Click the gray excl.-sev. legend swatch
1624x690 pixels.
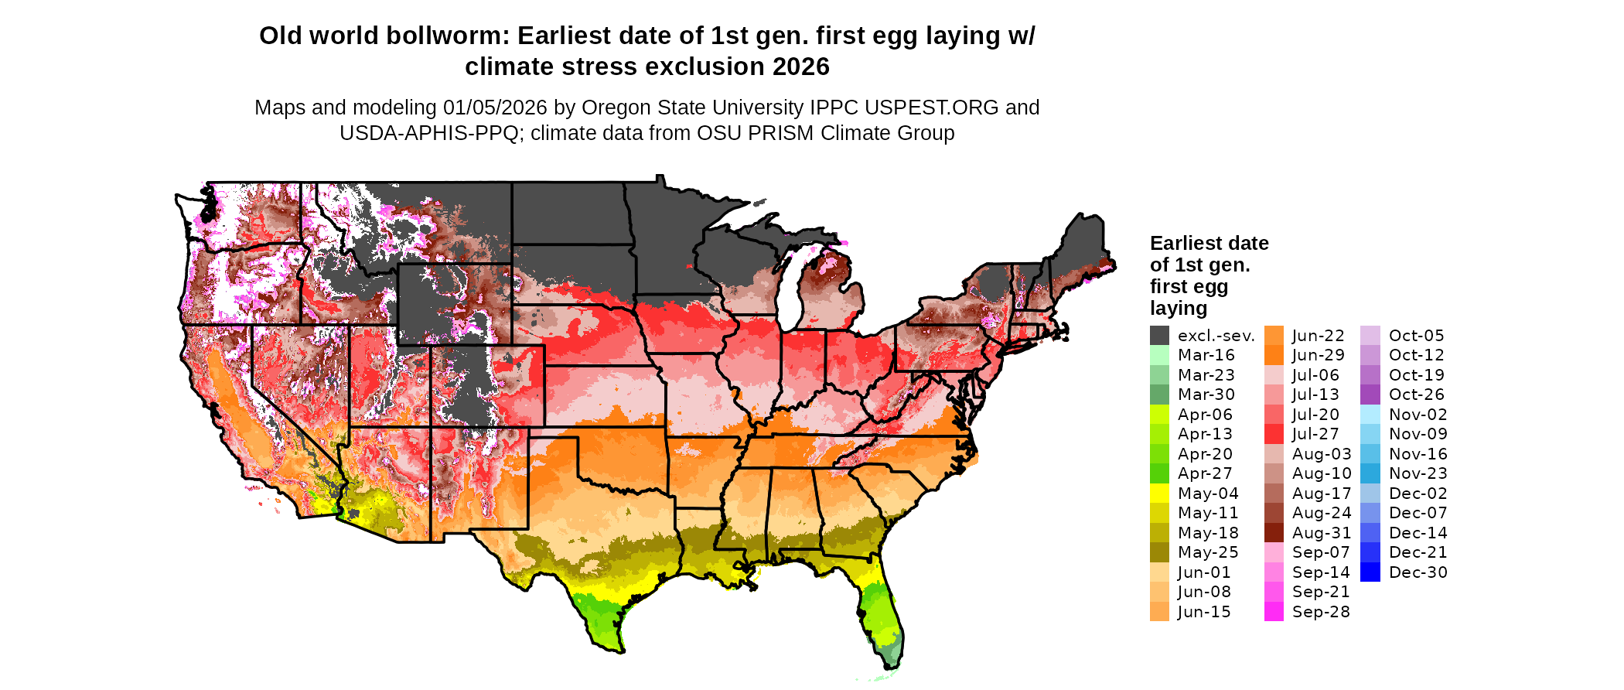[1159, 336]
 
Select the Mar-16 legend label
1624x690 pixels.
[1206, 355]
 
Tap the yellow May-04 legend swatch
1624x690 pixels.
[1159, 494]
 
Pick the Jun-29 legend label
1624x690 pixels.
[1319, 355]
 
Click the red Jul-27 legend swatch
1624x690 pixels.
[1274, 434]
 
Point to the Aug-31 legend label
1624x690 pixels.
[1322, 533]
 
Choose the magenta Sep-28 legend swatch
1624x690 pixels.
[1274, 612]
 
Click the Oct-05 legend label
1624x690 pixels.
[1416, 336]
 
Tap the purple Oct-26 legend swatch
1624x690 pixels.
[1370, 395]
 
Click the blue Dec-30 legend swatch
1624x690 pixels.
[1370, 572]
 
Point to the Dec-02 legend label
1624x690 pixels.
[1418, 494]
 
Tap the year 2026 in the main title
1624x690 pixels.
[800, 67]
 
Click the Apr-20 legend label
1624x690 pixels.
[1205, 454]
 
